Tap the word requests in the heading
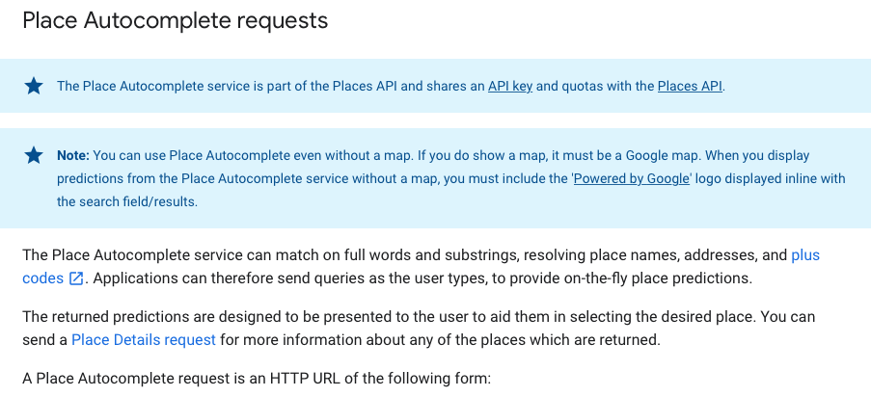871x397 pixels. (x=279, y=20)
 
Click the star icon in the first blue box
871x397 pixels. (x=34, y=86)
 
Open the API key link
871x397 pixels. (x=510, y=86)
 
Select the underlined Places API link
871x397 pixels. (x=689, y=86)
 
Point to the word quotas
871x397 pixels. (x=583, y=86)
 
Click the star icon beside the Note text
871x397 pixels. (x=34, y=155)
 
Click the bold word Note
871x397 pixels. (x=72, y=155)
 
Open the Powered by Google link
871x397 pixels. (x=632, y=178)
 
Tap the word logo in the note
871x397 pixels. (x=714, y=178)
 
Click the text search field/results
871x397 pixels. (x=127, y=201)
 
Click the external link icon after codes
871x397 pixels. (x=76, y=279)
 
